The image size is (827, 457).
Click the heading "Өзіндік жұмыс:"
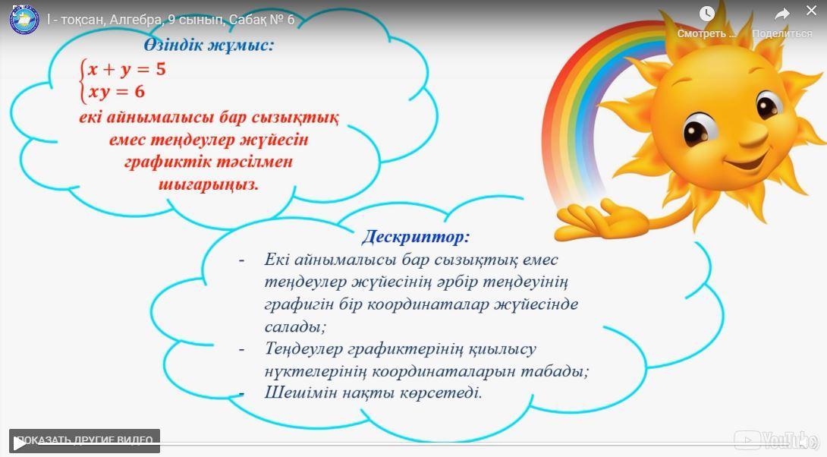pyautogui.click(x=209, y=46)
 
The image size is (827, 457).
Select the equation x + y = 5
pyautogui.click(x=127, y=70)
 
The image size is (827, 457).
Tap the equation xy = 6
pyautogui.click(x=116, y=93)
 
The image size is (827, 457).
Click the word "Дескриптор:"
pyautogui.click(x=416, y=236)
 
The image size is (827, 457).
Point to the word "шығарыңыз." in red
pyautogui.click(x=209, y=184)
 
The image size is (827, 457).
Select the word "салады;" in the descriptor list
pyautogui.click(x=295, y=326)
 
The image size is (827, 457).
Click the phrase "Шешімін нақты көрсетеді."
pyautogui.click(x=373, y=393)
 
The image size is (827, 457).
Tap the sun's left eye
pyautogui.click(x=700, y=130)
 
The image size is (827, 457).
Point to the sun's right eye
pyautogui.click(x=769, y=105)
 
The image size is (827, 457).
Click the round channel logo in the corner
pyautogui.click(x=24, y=20)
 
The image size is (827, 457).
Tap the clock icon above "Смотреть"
pyautogui.click(x=707, y=14)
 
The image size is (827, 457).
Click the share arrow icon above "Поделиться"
pyautogui.click(x=782, y=14)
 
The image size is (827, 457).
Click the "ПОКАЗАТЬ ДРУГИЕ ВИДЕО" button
pyautogui.click(x=84, y=440)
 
